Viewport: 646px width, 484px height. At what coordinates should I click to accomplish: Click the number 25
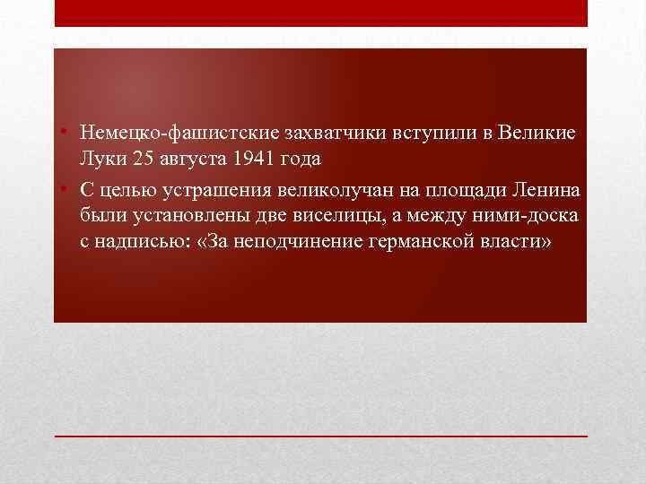pos(142,159)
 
